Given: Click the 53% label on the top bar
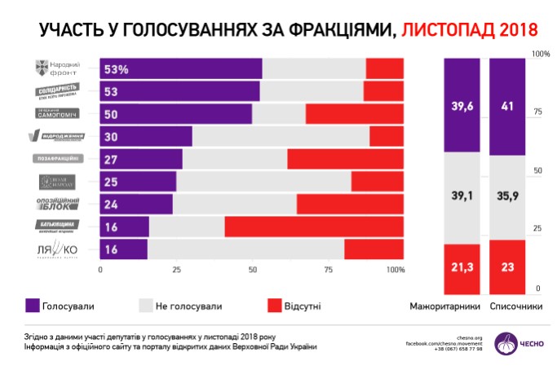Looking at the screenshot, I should point(116,69).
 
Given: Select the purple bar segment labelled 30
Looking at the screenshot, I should point(146,136).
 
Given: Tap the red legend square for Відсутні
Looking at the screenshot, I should point(275,305).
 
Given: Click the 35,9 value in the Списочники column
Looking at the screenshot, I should point(507,195).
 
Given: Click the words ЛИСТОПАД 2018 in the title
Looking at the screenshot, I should point(470,30).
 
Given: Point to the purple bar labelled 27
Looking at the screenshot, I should point(141,158).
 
